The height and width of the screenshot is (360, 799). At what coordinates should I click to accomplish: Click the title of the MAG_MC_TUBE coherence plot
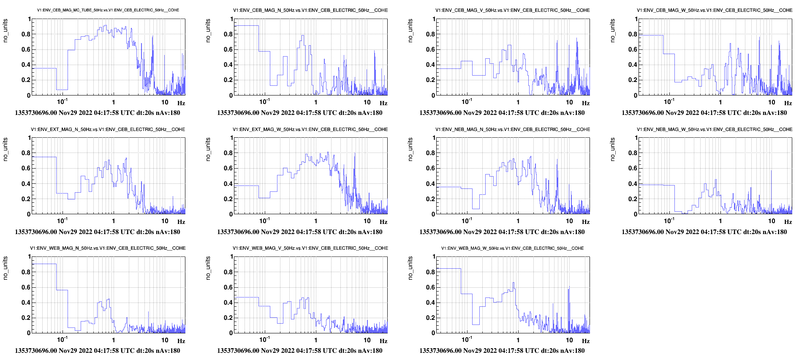[x=108, y=10]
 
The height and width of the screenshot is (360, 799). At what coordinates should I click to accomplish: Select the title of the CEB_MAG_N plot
[x=310, y=10]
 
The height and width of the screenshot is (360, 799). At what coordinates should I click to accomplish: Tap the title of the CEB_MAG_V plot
[x=513, y=10]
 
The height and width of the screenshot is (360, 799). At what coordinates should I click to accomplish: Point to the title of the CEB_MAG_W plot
[x=715, y=10]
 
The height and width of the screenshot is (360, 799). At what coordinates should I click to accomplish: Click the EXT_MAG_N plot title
[x=108, y=129]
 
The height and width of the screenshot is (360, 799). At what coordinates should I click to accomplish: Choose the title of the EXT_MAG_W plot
[x=310, y=129]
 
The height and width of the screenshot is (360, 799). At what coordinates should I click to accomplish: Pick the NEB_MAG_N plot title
[x=513, y=129]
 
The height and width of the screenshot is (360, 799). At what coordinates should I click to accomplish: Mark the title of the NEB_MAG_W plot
[x=715, y=129]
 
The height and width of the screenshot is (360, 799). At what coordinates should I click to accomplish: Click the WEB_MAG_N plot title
[x=108, y=248]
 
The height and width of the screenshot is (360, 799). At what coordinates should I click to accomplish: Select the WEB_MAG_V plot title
[x=310, y=248]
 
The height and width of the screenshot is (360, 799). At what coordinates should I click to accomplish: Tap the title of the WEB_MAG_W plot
[x=513, y=248]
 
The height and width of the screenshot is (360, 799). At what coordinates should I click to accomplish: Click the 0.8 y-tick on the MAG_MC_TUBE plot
[x=26, y=34]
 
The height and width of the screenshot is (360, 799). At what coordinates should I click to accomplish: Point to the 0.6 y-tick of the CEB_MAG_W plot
[x=633, y=49]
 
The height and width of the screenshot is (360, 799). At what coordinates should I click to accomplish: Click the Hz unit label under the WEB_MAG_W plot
[x=586, y=341]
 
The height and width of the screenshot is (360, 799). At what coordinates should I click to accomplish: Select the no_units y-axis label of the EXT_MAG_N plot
[x=5, y=149]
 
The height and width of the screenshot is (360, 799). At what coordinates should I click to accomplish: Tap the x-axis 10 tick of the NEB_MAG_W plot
[x=772, y=221]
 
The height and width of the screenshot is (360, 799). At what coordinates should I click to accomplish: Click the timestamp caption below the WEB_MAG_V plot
[x=300, y=351]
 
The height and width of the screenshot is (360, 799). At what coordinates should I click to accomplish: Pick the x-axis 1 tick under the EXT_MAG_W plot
[x=316, y=221]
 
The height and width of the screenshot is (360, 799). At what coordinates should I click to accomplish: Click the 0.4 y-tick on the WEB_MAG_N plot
[x=26, y=303]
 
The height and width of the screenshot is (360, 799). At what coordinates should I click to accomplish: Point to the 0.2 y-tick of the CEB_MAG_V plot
[x=430, y=80]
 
